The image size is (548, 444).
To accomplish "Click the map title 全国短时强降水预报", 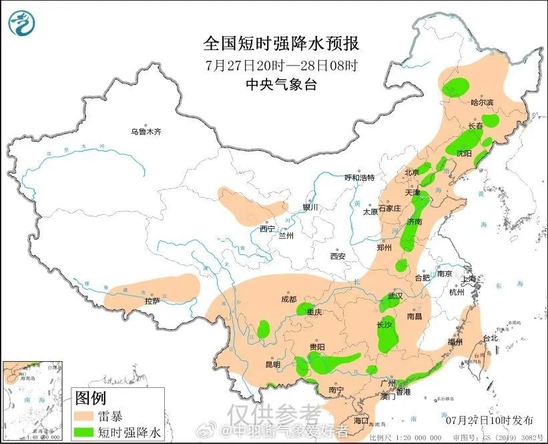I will [281, 44].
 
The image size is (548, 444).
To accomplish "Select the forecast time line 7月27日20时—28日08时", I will [281, 65].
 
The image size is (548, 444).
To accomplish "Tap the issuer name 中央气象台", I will [281, 84].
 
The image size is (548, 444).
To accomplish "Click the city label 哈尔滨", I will [481, 102].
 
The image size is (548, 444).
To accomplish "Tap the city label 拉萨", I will [152, 301].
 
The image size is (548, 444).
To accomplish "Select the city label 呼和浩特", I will [359, 178].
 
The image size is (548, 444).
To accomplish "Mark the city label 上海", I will [467, 278].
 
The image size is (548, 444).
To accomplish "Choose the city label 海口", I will [361, 421].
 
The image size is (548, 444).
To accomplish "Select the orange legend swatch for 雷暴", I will [85, 417].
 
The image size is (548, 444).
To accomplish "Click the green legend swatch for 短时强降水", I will [85, 432].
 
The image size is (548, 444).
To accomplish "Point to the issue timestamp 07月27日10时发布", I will [489, 420].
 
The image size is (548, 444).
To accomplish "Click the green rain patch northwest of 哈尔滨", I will [457, 85].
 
